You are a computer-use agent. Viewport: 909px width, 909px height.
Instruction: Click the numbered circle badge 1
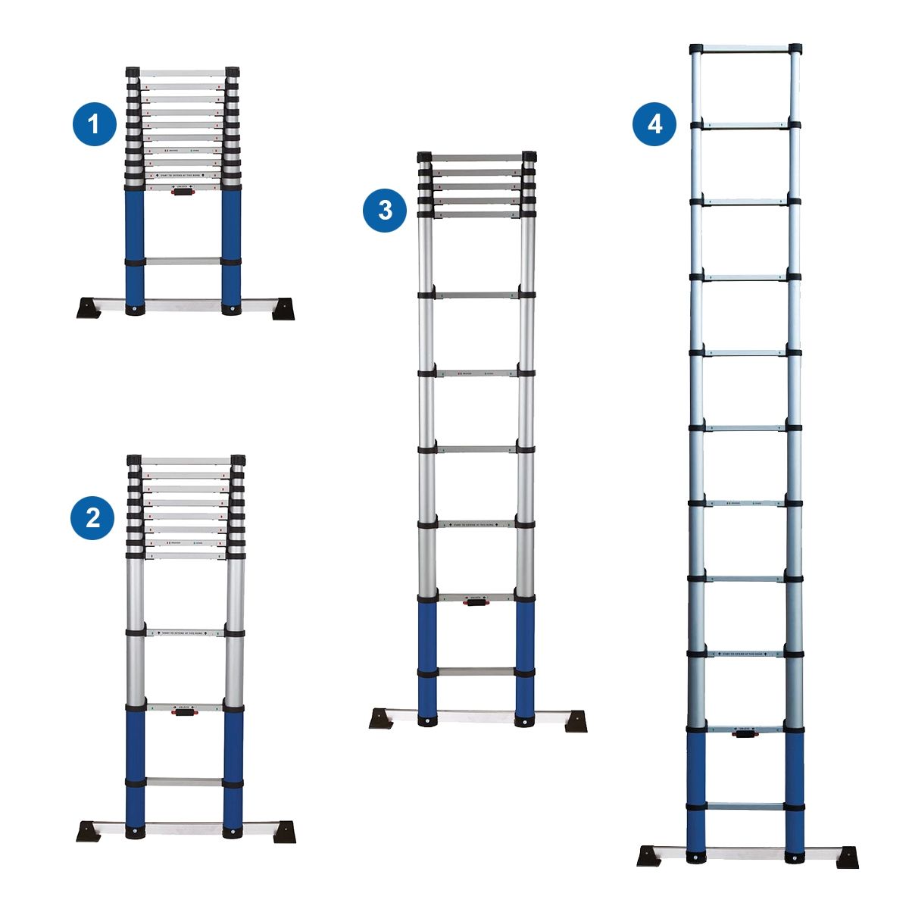coord(94,124)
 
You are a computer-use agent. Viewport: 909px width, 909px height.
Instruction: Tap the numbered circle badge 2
coord(92,518)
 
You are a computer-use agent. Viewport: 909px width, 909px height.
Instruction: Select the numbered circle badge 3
coord(385,210)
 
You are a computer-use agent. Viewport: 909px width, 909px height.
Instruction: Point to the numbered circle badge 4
coord(654,123)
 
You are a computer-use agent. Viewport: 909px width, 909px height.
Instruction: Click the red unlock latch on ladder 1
coord(182,192)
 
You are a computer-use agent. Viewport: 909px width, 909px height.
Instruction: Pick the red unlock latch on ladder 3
coord(476,602)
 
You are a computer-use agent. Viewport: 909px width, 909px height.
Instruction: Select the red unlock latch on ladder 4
coord(744,733)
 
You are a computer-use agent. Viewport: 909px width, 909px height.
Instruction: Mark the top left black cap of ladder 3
coord(425,157)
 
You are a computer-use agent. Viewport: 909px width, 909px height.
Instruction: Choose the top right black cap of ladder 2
coord(238,460)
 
